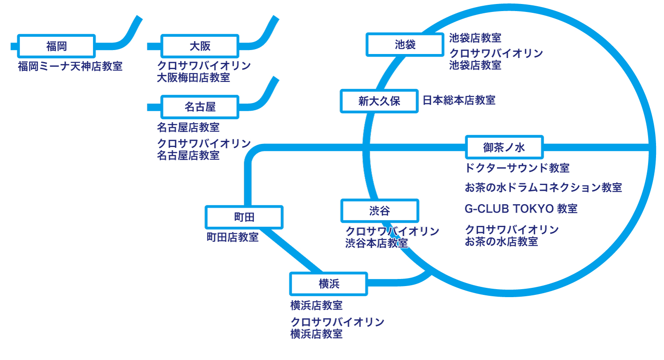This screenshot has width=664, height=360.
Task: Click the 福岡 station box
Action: (56, 46)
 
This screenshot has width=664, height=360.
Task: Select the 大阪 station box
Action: (200, 46)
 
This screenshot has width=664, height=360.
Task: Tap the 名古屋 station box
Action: (200, 107)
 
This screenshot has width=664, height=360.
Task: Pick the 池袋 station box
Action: (405, 45)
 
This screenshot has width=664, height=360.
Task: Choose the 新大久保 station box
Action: (379, 101)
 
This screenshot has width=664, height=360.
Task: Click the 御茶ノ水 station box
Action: (504, 147)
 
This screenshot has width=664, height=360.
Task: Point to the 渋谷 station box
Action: (379, 211)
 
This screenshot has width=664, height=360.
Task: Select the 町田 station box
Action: (244, 217)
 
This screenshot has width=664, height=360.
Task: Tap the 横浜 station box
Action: (328, 284)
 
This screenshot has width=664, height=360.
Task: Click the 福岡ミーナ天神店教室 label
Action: (70, 66)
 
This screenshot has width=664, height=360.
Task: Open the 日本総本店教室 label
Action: (459, 101)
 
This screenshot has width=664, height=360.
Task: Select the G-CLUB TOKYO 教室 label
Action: (521, 209)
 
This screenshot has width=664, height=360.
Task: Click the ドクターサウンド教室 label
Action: (517, 168)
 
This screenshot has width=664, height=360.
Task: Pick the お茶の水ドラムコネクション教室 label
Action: (543, 188)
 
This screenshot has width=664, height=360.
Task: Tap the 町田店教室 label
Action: (232, 237)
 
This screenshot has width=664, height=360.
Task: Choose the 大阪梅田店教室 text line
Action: (193, 78)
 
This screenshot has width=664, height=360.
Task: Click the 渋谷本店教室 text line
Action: (376, 243)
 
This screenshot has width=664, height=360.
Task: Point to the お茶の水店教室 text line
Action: (501, 242)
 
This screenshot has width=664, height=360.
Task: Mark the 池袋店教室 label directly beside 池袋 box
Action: (475, 38)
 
